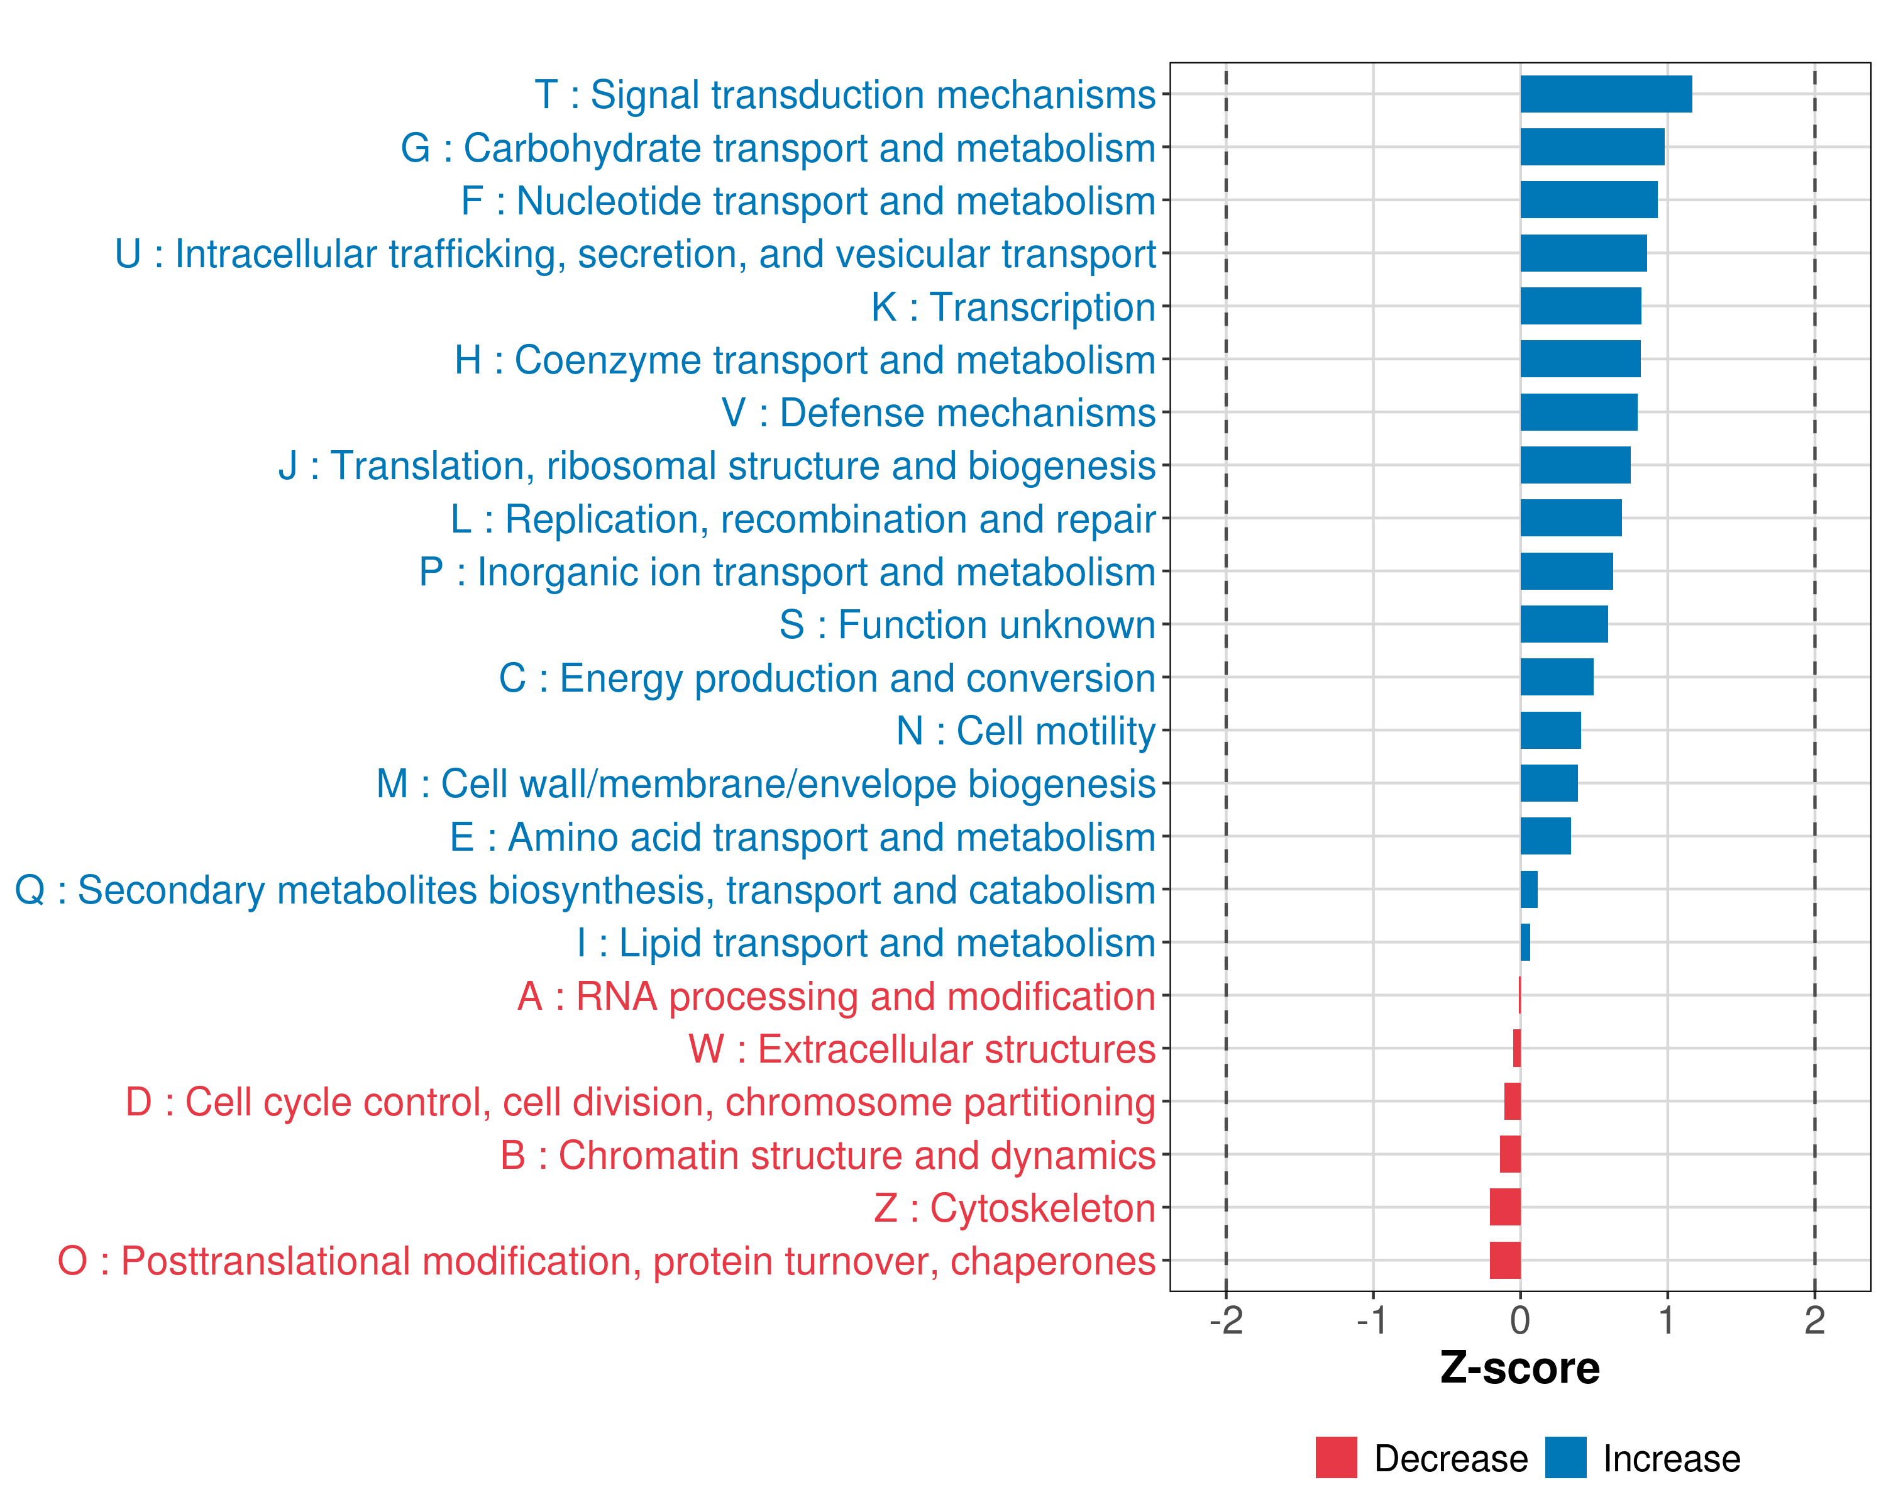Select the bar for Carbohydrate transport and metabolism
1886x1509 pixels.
coord(1592,147)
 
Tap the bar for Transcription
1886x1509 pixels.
coord(1580,306)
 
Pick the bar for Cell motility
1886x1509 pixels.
coord(1550,731)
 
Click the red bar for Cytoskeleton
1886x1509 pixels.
coord(1504,1207)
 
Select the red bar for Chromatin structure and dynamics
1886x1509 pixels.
coord(1510,1155)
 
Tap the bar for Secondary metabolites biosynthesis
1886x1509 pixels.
coord(1528,890)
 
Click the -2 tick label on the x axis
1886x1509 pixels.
coord(1225,1321)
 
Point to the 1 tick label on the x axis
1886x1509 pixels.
coord(1667,1321)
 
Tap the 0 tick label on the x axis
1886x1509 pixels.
coord(1520,1321)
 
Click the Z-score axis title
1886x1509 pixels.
coord(1519,1368)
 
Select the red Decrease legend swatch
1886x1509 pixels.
coord(1336,1457)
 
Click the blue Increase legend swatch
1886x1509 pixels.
coord(1565,1457)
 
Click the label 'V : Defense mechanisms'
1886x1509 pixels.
coord(938,413)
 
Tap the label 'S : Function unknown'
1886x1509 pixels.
coord(967,624)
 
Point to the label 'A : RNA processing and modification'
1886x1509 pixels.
coord(836,997)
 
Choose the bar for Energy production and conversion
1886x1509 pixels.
coord(1556,677)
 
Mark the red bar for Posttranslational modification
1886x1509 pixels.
coord(1504,1261)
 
